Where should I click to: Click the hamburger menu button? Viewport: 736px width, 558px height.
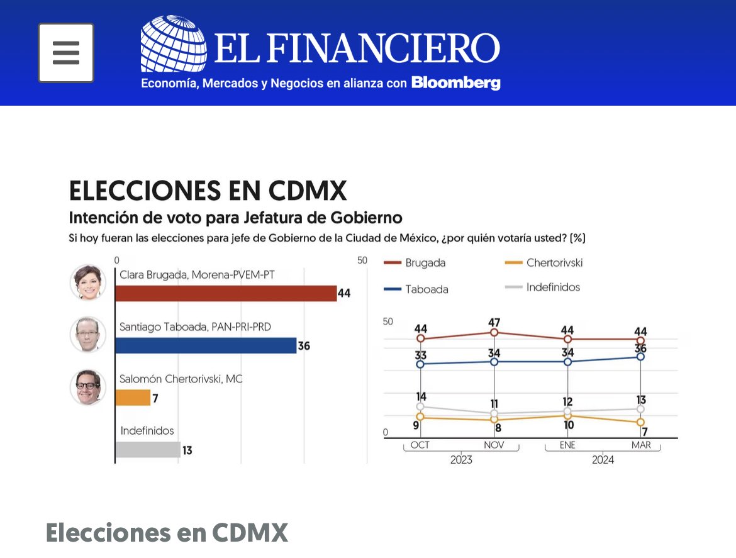pyautogui.click(x=66, y=53)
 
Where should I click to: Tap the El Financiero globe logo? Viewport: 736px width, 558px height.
pyautogui.click(x=173, y=44)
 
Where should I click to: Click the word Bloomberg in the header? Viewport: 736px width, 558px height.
pyautogui.click(x=456, y=83)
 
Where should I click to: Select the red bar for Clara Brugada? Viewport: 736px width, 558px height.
pyautogui.click(x=226, y=293)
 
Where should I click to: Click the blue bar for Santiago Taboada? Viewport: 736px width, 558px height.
pyautogui.click(x=206, y=345)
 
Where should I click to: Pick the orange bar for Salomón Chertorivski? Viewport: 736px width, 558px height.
pyautogui.click(x=133, y=398)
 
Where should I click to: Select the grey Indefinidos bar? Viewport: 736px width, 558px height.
pyautogui.click(x=147, y=450)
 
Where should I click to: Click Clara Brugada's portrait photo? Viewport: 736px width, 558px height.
pyautogui.click(x=87, y=282)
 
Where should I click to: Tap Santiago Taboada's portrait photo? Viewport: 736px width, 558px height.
pyautogui.click(x=87, y=335)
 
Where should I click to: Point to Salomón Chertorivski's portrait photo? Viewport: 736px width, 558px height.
pyautogui.click(x=87, y=387)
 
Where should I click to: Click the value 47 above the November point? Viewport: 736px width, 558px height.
pyautogui.click(x=494, y=323)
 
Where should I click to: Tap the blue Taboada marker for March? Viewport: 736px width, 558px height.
pyautogui.click(x=640, y=357)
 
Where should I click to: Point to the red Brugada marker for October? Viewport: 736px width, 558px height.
pyautogui.click(x=421, y=338)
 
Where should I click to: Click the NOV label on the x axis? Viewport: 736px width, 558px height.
pyautogui.click(x=494, y=445)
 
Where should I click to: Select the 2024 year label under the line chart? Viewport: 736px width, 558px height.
pyautogui.click(x=603, y=460)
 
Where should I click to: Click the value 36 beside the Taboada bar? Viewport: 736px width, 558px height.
pyautogui.click(x=304, y=346)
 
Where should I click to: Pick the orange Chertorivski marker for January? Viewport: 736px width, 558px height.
pyautogui.click(x=567, y=415)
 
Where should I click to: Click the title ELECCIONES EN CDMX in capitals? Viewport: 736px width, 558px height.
pyautogui.click(x=208, y=191)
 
